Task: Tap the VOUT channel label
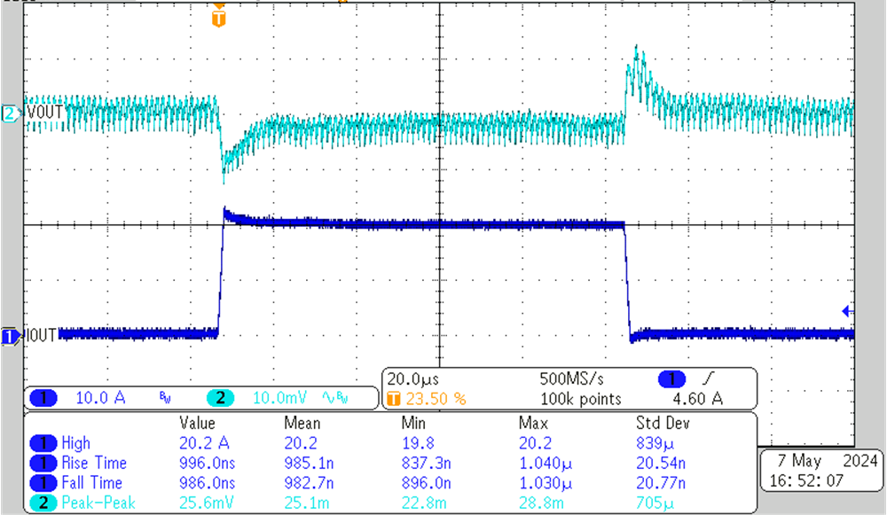click(x=44, y=113)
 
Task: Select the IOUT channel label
click(x=42, y=335)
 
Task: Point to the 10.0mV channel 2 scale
click(x=279, y=398)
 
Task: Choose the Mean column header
click(x=302, y=423)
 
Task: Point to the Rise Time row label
click(x=94, y=463)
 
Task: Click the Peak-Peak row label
click(x=94, y=503)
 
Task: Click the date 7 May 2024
click(x=821, y=461)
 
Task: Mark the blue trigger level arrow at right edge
click(x=846, y=311)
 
